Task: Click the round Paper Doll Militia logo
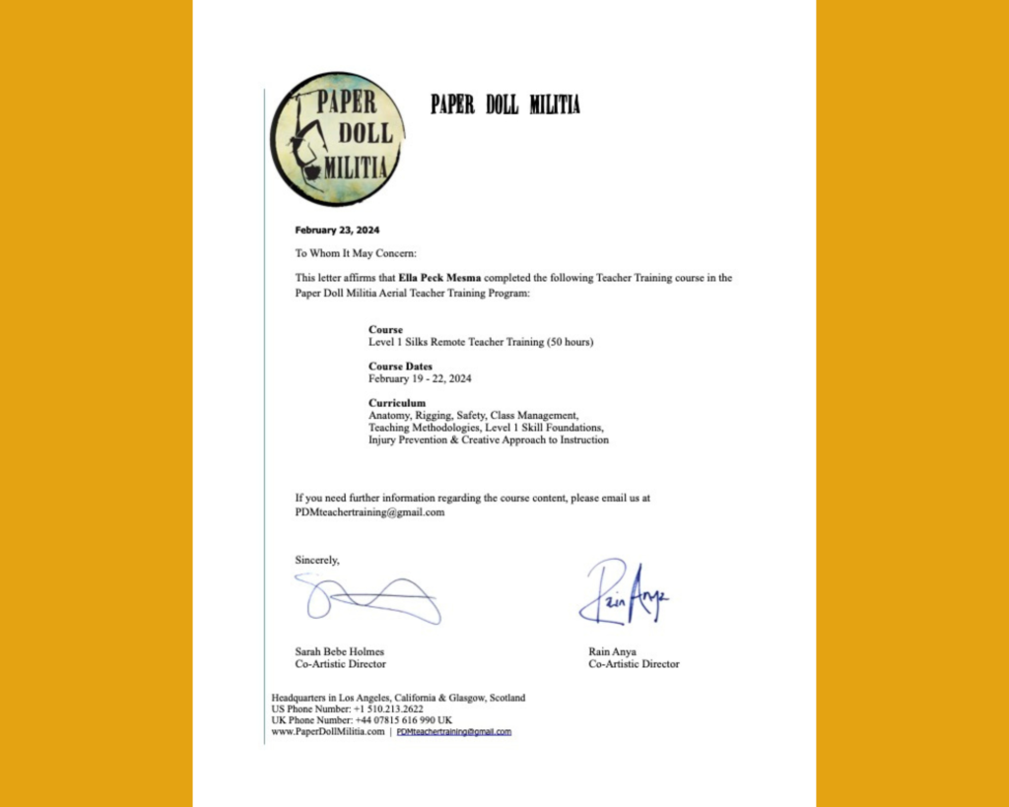pyautogui.click(x=336, y=138)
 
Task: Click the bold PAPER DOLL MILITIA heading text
pyautogui.click(x=504, y=105)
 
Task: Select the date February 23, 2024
pyautogui.click(x=337, y=231)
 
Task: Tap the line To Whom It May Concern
pyautogui.click(x=356, y=253)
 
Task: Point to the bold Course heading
pyautogui.click(x=385, y=329)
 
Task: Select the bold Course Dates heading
pyautogui.click(x=400, y=367)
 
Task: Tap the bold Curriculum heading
pyautogui.click(x=397, y=403)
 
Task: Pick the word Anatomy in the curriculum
pyautogui.click(x=389, y=416)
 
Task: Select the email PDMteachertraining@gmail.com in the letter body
pyautogui.click(x=370, y=512)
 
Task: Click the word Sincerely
pyautogui.click(x=317, y=560)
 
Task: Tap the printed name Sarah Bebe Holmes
pyautogui.click(x=340, y=651)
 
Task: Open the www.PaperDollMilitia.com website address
pyautogui.click(x=327, y=732)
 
